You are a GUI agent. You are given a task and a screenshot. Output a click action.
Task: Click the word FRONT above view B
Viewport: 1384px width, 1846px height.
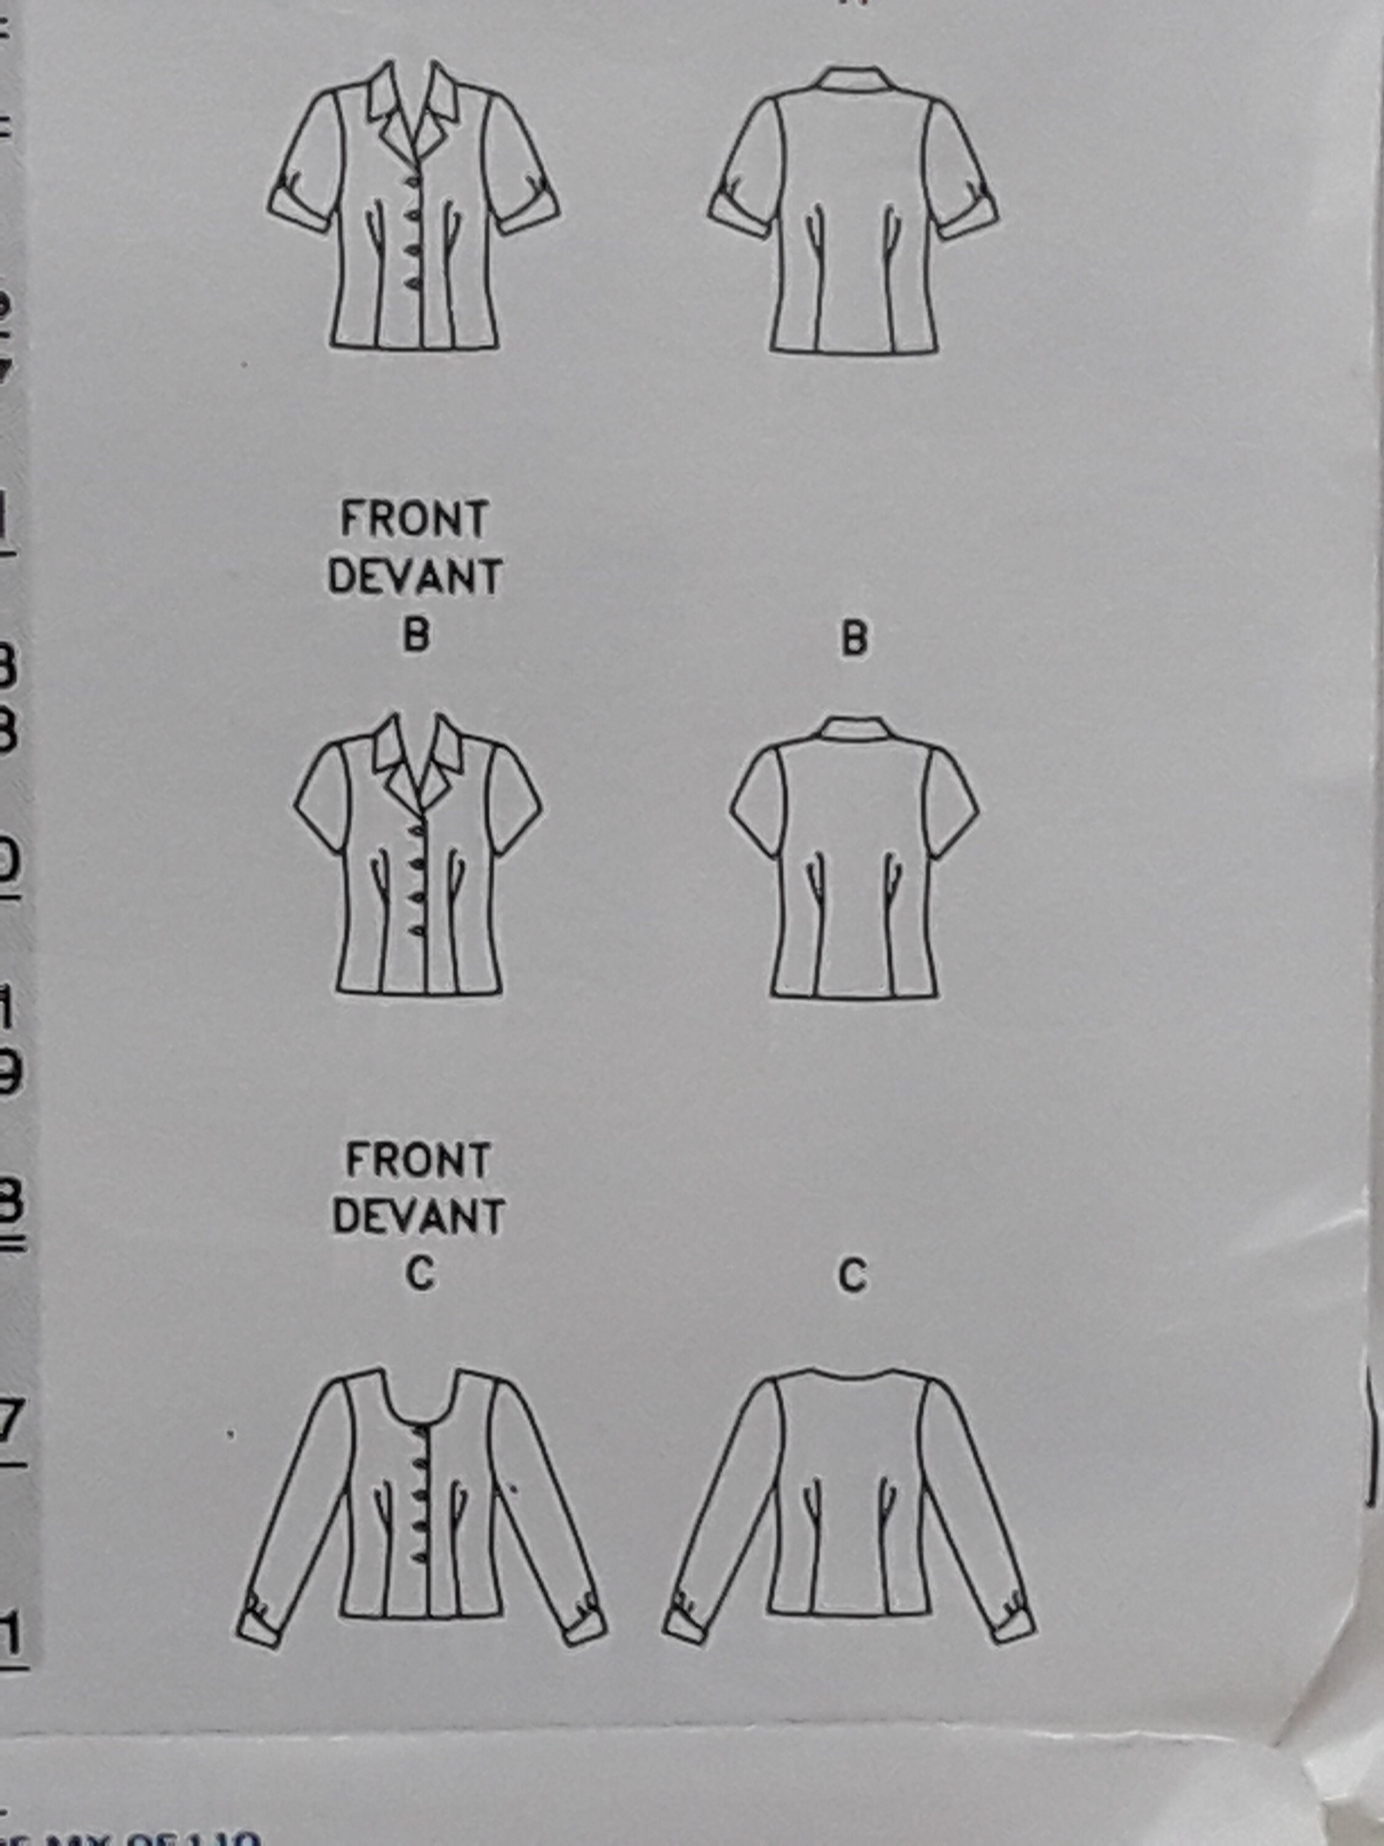414,520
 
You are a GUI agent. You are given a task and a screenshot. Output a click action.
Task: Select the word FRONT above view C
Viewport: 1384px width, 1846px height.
417,1162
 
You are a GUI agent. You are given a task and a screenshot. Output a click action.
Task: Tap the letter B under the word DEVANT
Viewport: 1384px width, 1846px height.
416,636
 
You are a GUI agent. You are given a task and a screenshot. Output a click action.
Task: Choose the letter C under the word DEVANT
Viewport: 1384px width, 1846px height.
421,1274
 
